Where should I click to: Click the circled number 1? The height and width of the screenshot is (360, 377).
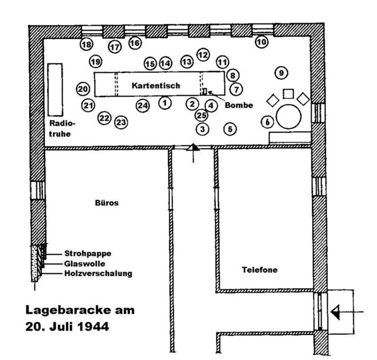(165, 103)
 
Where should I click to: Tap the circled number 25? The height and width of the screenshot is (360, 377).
(201, 115)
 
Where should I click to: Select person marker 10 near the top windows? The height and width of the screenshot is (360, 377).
(262, 42)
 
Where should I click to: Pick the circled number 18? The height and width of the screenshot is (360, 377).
(86, 44)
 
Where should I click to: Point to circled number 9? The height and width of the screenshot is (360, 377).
(281, 73)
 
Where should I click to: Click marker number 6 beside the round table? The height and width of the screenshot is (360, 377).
(268, 122)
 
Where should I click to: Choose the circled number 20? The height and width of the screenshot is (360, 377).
(83, 89)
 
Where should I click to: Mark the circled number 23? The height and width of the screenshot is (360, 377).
(121, 123)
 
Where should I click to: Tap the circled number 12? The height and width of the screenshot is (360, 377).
(203, 55)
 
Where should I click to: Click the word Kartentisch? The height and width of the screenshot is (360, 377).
(156, 85)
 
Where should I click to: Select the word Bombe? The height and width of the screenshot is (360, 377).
(239, 105)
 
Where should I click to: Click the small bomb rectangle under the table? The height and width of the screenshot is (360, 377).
(205, 92)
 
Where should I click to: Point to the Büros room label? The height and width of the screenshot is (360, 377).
(107, 203)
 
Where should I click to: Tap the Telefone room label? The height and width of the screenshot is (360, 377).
(259, 269)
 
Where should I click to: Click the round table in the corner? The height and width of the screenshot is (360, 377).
(288, 116)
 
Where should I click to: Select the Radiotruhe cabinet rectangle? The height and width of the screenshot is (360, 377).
(55, 89)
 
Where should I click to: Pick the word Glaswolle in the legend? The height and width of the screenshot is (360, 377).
(84, 263)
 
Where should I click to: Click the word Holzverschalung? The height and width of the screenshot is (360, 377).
(98, 274)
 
